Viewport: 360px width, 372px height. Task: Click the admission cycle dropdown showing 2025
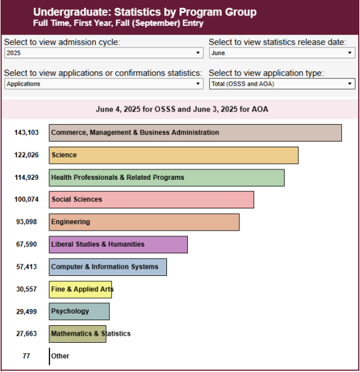104,53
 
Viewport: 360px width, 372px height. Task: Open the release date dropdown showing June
282,53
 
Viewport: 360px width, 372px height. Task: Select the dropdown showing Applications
104,84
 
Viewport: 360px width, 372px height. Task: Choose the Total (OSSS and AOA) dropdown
282,84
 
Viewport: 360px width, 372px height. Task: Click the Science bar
174,155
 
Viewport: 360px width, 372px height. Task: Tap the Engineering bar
144,222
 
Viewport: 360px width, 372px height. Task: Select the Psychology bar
79,311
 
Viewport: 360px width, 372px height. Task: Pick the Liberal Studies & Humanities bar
118,245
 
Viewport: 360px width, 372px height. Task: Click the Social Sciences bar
151,200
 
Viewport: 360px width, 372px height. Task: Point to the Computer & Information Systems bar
108,267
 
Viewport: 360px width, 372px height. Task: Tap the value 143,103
27,132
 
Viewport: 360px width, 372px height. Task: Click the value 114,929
27,177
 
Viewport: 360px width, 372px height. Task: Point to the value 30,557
27,289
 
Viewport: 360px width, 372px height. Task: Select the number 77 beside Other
26,356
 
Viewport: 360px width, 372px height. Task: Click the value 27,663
27,334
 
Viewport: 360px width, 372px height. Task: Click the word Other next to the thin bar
60,356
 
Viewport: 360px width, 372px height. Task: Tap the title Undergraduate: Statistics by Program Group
145,12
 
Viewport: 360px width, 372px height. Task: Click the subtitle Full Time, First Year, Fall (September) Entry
118,23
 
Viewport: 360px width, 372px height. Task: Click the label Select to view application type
266,73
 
